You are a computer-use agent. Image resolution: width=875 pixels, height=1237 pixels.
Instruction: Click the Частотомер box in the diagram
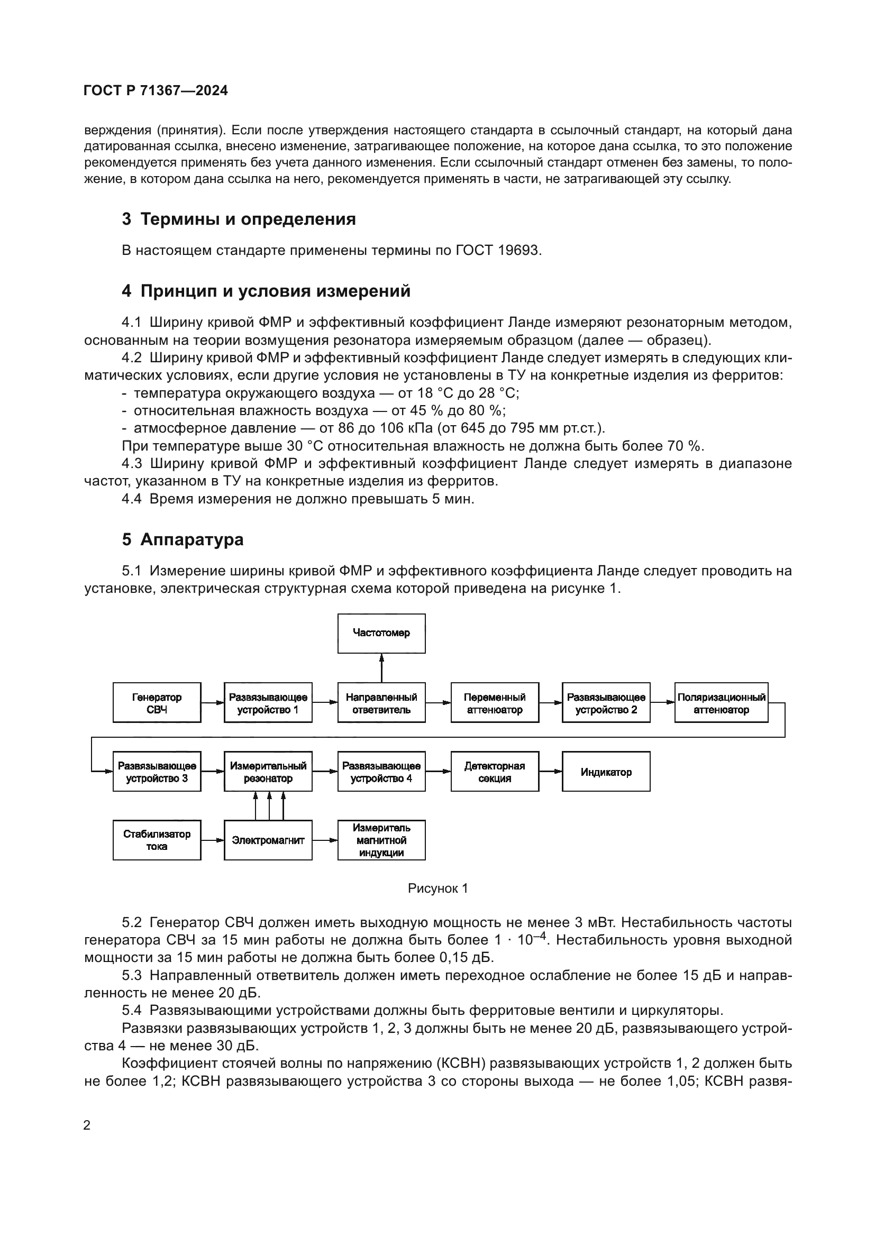pyautogui.click(x=381, y=633)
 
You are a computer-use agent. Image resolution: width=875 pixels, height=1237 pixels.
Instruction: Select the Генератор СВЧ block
pyautogui.click(x=157, y=702)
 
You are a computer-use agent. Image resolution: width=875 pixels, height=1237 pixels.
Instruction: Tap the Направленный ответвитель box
pyautogui.click(x=381, y=702)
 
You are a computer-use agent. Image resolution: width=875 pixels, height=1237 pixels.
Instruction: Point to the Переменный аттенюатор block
pyautogui.click(x=494, y=702)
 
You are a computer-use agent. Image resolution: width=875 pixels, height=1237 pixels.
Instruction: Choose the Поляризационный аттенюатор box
pyautogui.click(x=721, y=702)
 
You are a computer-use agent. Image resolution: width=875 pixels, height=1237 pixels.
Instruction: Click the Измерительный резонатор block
pyautogui.click(x=268, y=772)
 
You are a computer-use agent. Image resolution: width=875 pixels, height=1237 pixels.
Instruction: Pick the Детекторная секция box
pyautogui.click(x=494, y=772)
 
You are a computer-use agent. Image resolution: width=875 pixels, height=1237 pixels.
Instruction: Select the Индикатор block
pyautogui.click(x=606, y=772)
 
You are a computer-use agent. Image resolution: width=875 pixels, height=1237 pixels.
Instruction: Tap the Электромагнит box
pyautogui.click(x=268, y=840)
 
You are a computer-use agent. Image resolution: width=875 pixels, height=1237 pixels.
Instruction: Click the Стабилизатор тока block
pyautogui.click(x=157, y=840)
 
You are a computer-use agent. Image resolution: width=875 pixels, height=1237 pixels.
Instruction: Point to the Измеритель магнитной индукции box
pyautogui.click(x=381, y=840)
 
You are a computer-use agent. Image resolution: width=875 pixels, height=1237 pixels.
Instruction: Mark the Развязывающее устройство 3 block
pyautogui.click(x=157, y=772)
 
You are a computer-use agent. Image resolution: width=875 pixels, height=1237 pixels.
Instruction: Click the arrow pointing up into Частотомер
pyautogui.click(x=381, y=667)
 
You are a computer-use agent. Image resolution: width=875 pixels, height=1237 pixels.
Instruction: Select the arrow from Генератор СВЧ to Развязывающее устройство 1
pyautogui.click(x=212, y=702)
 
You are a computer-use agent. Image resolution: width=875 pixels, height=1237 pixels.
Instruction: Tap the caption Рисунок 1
pyautogui.click(x=437, y=888)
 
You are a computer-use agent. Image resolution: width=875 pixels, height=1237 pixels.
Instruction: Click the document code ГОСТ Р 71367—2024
pyautogui.click(x=156, y=90)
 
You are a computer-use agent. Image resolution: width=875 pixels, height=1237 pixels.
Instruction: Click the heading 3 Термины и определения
pyautogui.click(x=239, y=219)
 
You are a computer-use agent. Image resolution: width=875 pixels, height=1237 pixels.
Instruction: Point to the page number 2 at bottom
pyautogui.click(x=87, y=1125)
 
